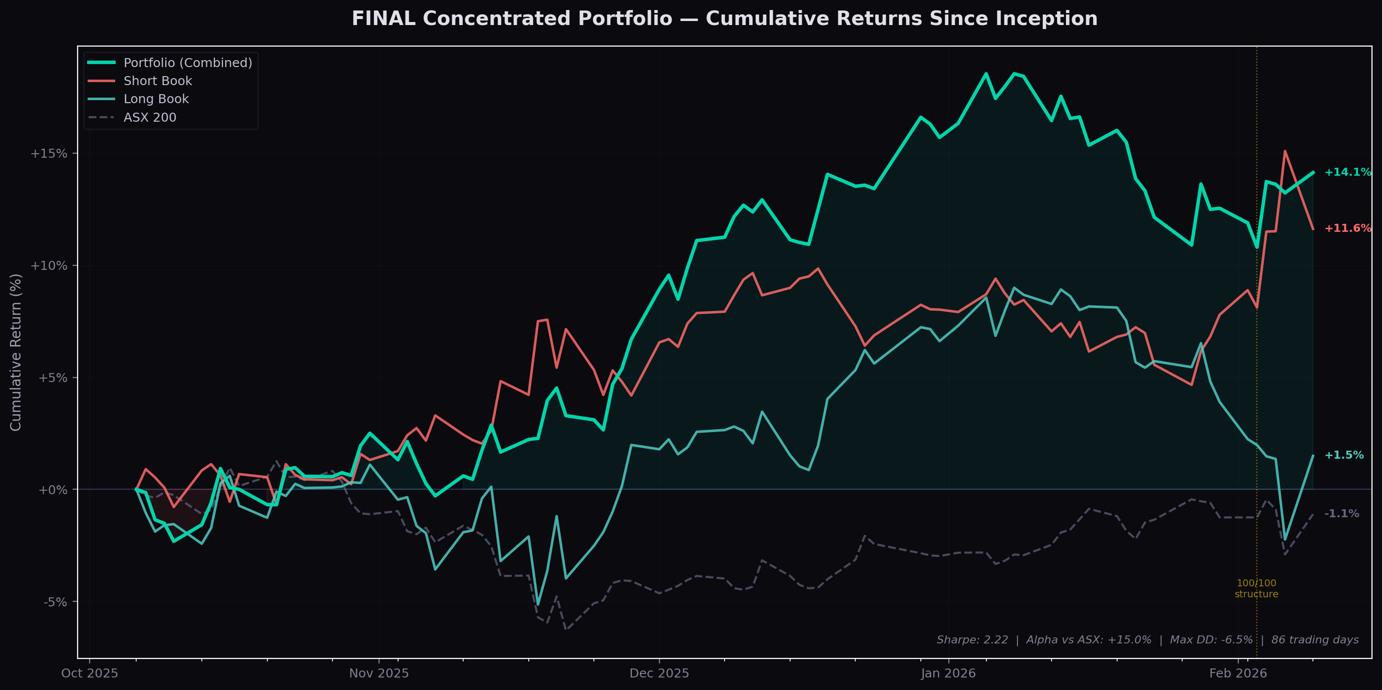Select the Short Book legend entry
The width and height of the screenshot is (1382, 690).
pyautogui.click(x=157, y=81)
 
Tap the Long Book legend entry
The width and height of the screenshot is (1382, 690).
pyautogui.click(x=156, y=99)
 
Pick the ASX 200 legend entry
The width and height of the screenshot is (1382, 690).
pyautogui.click(x=150, y=118)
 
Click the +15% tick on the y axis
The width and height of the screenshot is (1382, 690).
pyautogui.click(x=49, y=154)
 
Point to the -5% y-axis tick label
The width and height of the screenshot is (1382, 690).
pyautogui.click(x=56, y=602)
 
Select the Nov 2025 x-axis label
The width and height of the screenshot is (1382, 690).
pyautogui.click(x=379, y=673)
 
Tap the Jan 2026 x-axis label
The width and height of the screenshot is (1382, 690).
pyautogui.click(x=948, y=673)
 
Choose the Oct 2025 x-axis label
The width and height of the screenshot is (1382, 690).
pyautogui.click(x=90, y=673)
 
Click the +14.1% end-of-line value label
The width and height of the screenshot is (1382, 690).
pyautogui.click(x=1347, y=172)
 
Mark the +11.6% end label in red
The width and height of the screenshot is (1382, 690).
pyautogui.click(x=1347, y=228)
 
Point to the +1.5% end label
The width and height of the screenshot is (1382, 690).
pyautogui.click(x=1343, y=456)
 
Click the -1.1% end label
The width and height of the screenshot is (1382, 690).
pyautogui.click(x=1341, y=514)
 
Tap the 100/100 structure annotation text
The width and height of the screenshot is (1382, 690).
pyautogui.click(x=1256, y=588)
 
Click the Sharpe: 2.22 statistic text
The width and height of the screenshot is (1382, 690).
pyautogui.click(x=971, y=640)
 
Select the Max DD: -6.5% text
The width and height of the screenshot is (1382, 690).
pyautogui.click(x=1211, y=640)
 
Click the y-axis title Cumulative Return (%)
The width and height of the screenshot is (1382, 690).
pyautogui.click(x=16, y=352)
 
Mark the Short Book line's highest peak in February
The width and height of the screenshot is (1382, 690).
pyautogui.click(x=1285, y=151)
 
